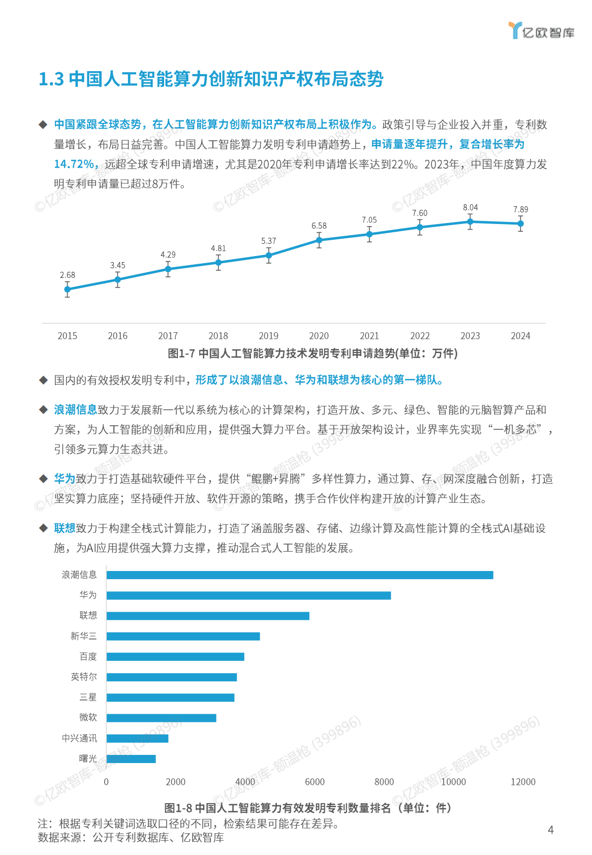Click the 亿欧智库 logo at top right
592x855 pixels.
point(541,31)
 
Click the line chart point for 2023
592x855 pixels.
point(470,221)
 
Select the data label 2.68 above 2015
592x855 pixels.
point(68,275)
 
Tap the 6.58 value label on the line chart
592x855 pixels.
point(319,226)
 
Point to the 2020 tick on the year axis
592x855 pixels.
point(319,336)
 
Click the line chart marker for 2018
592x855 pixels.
point(219,263)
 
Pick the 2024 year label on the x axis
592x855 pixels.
point(520,336)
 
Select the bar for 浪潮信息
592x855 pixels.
point(300,575)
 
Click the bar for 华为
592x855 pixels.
point(248,595)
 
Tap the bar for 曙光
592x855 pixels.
point(131,759)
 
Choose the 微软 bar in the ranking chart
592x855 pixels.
point(161,718)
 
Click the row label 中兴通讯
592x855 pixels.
point(79,738)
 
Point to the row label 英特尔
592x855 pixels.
point(84,677)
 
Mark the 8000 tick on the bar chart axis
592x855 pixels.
point(384,782)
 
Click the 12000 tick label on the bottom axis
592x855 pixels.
point(523,782)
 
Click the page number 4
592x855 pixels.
point(551,830)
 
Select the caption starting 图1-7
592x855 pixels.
point(313,354)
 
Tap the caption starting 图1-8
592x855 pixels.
point(307,808)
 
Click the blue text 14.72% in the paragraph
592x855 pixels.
point(75,164)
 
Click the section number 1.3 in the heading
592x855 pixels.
point(51,79)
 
